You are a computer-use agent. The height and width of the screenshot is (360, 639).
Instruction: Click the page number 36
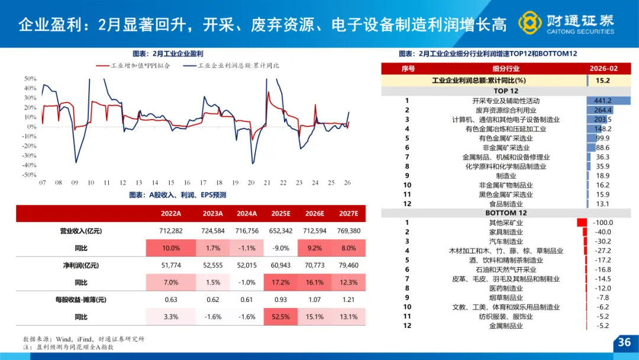click(x=624, y=342)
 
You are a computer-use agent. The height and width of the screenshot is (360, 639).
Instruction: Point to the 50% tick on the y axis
click(x=30, y=78)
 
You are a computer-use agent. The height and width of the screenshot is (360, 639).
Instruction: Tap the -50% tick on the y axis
click(x=29, y=175)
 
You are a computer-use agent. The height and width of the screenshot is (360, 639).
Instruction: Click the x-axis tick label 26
click(x=348, y=183)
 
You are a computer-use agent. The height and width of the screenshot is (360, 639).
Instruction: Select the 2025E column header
click(x=280, y=213)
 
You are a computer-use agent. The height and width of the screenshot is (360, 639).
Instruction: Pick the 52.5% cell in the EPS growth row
click(x=280, y=317)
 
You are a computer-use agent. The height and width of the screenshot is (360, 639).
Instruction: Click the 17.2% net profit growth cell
click(x=280, y=282)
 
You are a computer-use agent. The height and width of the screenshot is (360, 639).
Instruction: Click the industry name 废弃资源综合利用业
click(x=506, y=110)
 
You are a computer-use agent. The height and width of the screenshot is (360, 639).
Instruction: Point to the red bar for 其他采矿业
click(x=581, y=223)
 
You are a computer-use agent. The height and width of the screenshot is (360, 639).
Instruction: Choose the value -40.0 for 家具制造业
click(x=602, y=232)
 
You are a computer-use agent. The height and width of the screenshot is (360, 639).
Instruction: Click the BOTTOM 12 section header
click(x=505, y=213)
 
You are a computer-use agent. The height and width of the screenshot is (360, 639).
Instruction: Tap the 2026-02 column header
click(x=603, y=69)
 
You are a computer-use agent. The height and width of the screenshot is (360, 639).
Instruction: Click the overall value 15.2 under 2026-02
click(x=603, y=81)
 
